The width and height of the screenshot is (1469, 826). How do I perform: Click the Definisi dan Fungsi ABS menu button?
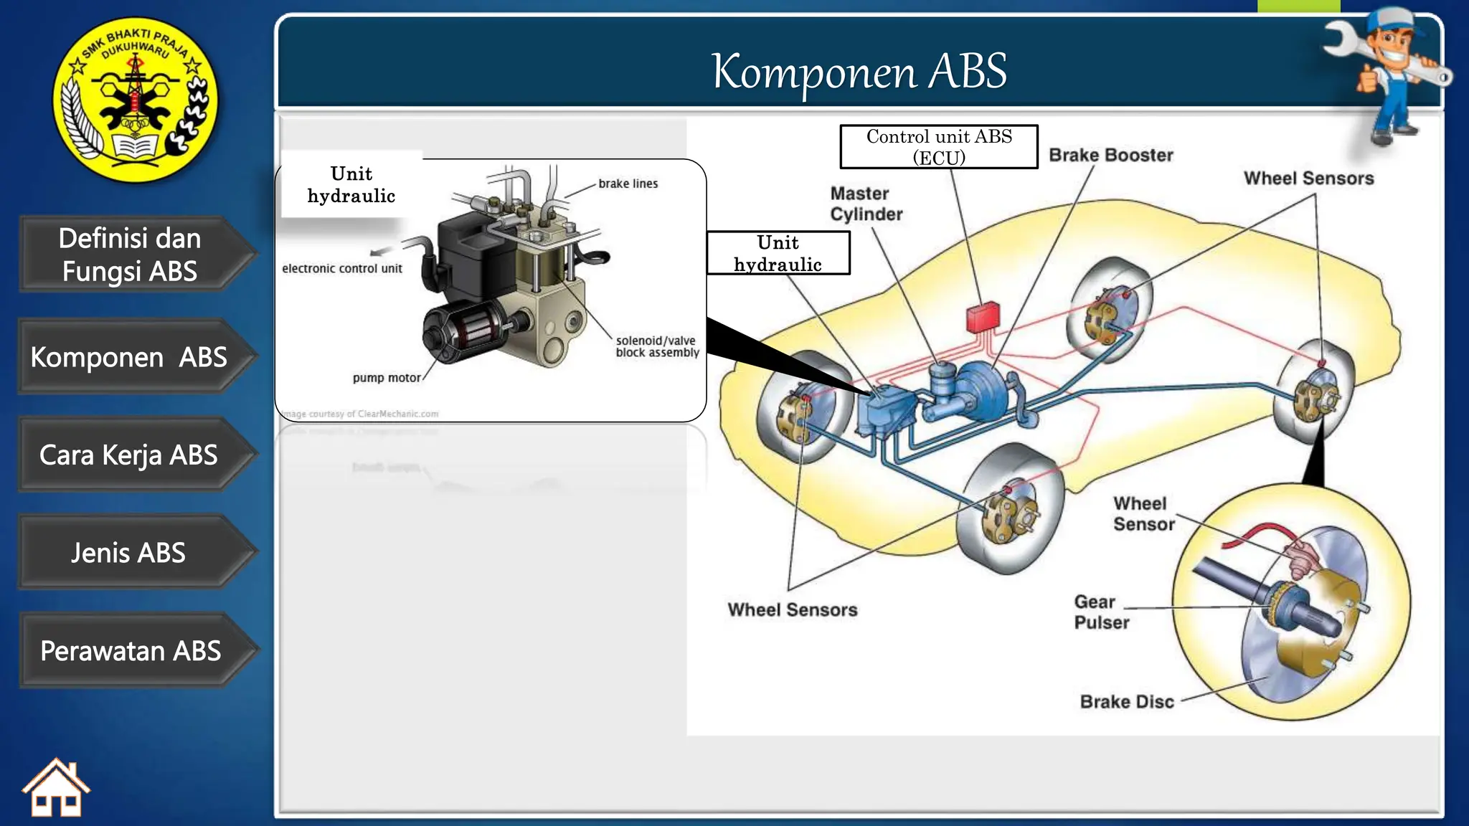pos(130,255)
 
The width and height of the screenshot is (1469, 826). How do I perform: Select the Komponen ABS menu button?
pos(129,357)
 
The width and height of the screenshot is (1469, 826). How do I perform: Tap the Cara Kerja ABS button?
pos(129,455)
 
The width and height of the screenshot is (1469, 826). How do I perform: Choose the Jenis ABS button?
pos(129,553)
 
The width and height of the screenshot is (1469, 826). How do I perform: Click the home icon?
pos(56,789)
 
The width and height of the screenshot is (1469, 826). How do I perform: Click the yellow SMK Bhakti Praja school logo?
pos(136,100)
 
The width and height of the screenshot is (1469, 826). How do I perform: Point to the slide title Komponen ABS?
pos(859,71)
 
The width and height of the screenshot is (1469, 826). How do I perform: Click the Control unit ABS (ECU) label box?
pos(939,147)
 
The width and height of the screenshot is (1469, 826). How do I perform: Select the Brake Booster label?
pos(1111,155)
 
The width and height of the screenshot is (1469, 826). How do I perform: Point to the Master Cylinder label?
pos(866,204)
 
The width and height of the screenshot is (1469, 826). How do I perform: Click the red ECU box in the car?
pos(983,316)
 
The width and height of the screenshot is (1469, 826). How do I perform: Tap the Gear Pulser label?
pos(1101,612)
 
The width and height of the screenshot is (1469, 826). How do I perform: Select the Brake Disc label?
pos(1127,701)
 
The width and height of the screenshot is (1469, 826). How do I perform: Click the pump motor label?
pos(387,378)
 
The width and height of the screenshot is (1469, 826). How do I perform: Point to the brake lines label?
pos(628,184)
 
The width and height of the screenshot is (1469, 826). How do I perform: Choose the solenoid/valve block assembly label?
pos(656,346)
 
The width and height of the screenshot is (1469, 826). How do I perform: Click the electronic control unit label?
pos(342,268)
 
